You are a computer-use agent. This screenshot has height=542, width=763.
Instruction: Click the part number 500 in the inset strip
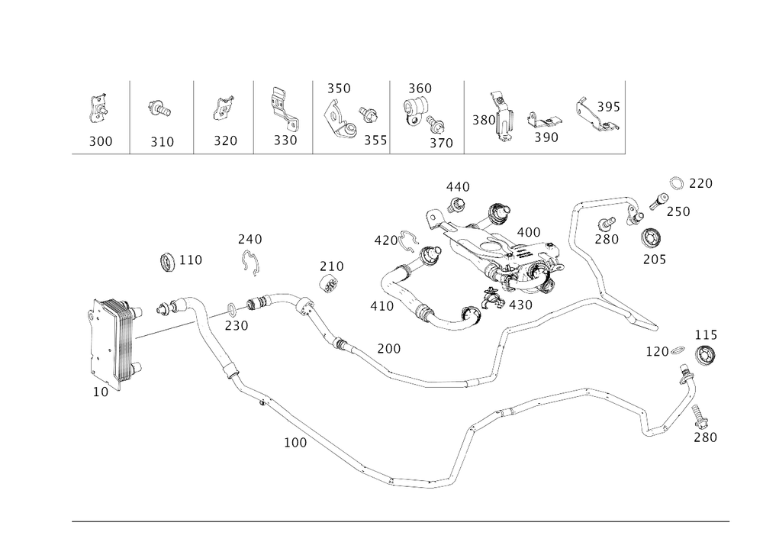click(101, 141)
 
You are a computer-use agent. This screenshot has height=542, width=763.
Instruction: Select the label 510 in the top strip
click(162, 141)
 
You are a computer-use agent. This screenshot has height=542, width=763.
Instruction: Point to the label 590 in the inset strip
click(546, 138)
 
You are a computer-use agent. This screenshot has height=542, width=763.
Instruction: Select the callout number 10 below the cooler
click(100, 392)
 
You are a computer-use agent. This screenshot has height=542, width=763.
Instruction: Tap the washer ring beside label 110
click(166, 262)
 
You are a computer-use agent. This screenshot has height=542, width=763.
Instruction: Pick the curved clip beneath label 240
click(250, 261)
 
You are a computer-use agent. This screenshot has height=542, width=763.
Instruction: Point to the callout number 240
click(250, 240)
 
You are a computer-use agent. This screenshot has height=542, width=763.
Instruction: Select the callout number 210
click(332, 266)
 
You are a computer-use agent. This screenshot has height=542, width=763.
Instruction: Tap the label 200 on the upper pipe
click(388, 349)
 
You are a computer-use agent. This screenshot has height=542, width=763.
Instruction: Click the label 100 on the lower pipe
click(295, 443)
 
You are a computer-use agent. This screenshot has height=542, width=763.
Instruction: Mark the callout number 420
click(385, 240)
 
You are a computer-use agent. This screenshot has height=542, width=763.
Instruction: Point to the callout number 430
click(520, 305)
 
